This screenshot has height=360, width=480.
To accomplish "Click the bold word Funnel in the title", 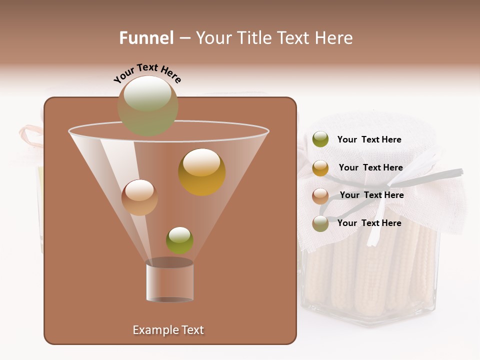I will (146, 38).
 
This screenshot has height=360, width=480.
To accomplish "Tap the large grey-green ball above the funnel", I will (147, 105).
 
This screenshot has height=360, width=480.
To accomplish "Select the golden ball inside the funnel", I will (202, 172).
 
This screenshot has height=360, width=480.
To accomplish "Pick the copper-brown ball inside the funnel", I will (139, 197).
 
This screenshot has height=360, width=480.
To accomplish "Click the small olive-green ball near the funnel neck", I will (179, 240).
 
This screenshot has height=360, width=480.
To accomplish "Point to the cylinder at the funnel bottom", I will (169, 281).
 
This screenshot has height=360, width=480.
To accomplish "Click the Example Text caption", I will (168, 330).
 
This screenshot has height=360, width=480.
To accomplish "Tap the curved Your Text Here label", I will (147, 72).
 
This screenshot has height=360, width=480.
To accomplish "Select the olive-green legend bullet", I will (320, 139).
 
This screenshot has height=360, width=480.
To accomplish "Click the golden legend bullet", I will (320, 168).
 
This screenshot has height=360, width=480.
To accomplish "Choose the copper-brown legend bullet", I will (320, 196).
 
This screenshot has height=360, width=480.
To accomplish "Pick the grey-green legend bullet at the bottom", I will (320, 223).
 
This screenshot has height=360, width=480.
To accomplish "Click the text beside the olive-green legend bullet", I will (369, 140).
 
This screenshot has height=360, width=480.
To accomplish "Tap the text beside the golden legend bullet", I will (370, 168).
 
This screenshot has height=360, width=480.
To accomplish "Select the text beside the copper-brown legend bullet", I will (371, 195).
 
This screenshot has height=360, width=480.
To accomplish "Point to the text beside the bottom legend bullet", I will (369, 223).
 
